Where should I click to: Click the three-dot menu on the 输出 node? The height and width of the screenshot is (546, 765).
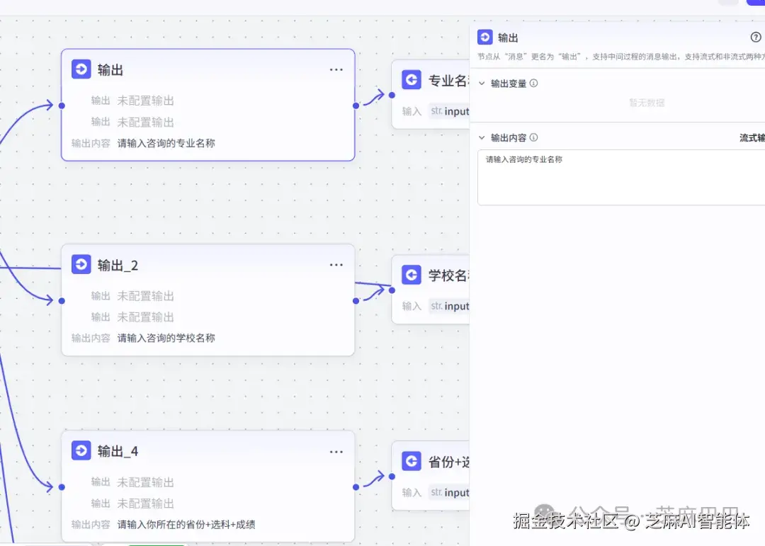click(336, 69)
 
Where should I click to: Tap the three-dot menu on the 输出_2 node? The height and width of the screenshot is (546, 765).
click(336, 265)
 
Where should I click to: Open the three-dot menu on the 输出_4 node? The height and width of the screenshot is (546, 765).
click(336, 451)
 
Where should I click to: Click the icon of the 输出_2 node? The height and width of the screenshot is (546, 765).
click(81, 265)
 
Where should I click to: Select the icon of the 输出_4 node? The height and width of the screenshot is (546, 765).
click(81, 451)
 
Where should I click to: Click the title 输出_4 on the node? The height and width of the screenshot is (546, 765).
click(118, 451)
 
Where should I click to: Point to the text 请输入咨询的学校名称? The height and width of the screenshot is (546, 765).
click(166, 339)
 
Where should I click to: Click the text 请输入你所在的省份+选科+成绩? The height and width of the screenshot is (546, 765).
click(186, 525)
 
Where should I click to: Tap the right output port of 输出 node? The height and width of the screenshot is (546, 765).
click(356, 106)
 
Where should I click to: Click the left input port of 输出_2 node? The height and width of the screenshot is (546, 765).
click(62, 300)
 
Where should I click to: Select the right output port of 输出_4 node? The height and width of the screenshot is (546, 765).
click(356, 487)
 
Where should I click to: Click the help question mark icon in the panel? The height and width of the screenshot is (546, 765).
click(756, 38)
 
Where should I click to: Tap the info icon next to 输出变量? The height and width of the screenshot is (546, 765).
click(534, 83)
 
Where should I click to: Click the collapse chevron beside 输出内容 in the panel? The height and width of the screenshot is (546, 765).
click(482, 138)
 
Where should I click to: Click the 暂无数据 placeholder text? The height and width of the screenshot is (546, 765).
click(647, 103)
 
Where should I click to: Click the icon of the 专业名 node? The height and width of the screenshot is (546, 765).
click(412, 80)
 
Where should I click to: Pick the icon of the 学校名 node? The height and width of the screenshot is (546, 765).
click(412, 275)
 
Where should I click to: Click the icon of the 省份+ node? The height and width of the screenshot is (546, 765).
click(412, 462)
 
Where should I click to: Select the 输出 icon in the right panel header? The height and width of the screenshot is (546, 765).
click(485, 38)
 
